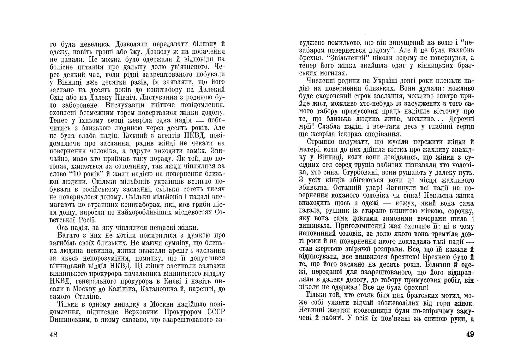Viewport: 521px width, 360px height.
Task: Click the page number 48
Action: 53,334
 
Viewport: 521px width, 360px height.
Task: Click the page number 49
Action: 470,334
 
